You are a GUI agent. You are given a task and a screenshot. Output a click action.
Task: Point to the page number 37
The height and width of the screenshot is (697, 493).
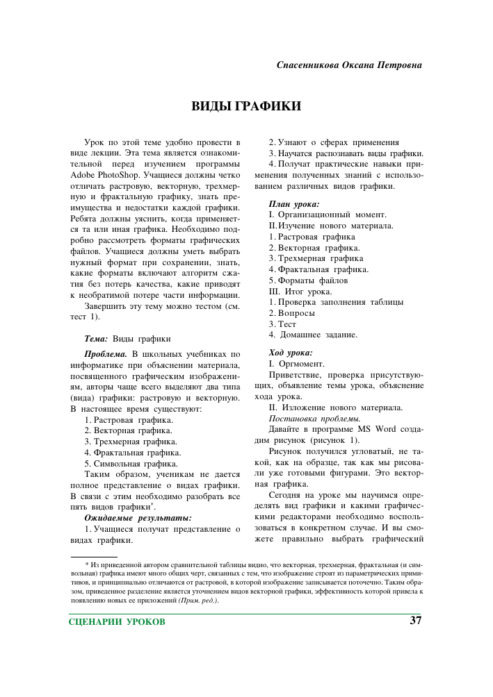(x=416, y=620)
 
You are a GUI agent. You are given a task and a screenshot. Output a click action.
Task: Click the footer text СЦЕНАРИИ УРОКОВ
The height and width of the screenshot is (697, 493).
(x=118, y=621)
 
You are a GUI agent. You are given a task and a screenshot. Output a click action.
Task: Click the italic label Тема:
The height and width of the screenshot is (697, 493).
(x=96, y=339)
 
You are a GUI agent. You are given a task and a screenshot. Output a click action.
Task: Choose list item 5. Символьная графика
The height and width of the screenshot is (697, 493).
(x=131, y=463)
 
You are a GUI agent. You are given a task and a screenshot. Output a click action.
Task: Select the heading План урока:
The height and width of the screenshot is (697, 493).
(x=293, y=204)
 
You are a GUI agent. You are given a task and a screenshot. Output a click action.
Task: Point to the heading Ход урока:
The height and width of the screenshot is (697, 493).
(x=291, y=352)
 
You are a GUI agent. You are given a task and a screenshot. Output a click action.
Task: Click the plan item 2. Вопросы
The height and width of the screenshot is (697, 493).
(x=292, y=313)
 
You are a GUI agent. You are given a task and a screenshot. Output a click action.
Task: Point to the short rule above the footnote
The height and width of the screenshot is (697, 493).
(x=94, y=557)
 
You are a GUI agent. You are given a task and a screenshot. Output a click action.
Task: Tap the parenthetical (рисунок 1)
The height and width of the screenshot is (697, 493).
(x=334, y=440)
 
